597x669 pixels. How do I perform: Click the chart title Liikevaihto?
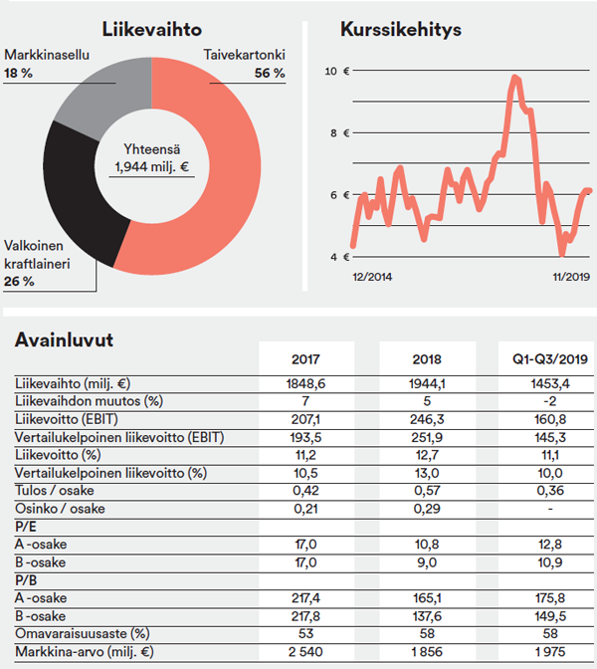tap(152, 30)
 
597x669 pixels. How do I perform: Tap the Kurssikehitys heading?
tap(401, 30)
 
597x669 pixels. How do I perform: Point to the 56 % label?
tap(270, 73)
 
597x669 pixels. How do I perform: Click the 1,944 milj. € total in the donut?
tap(152, 166)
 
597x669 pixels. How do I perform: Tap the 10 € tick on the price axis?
tap(337, 71)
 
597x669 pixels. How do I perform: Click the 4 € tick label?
tap(339, 257)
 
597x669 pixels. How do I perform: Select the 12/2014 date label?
tap(372, 277)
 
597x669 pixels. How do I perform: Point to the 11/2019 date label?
tap(571, 277)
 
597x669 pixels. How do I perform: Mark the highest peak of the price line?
tap(515, 78)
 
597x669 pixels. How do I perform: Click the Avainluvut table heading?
tap(64, 340)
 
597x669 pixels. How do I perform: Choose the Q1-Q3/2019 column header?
tap(550, 359)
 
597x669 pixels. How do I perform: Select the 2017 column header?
tap(305, 359)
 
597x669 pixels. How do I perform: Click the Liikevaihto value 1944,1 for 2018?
tap(427, 384)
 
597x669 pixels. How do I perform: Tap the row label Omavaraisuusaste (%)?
tap(83, 633)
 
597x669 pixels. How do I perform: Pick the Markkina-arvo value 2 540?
tap(305, 652)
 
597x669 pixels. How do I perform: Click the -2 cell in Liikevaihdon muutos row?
tap(549, 401)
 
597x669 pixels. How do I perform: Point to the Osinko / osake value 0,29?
tap(427, 509)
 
